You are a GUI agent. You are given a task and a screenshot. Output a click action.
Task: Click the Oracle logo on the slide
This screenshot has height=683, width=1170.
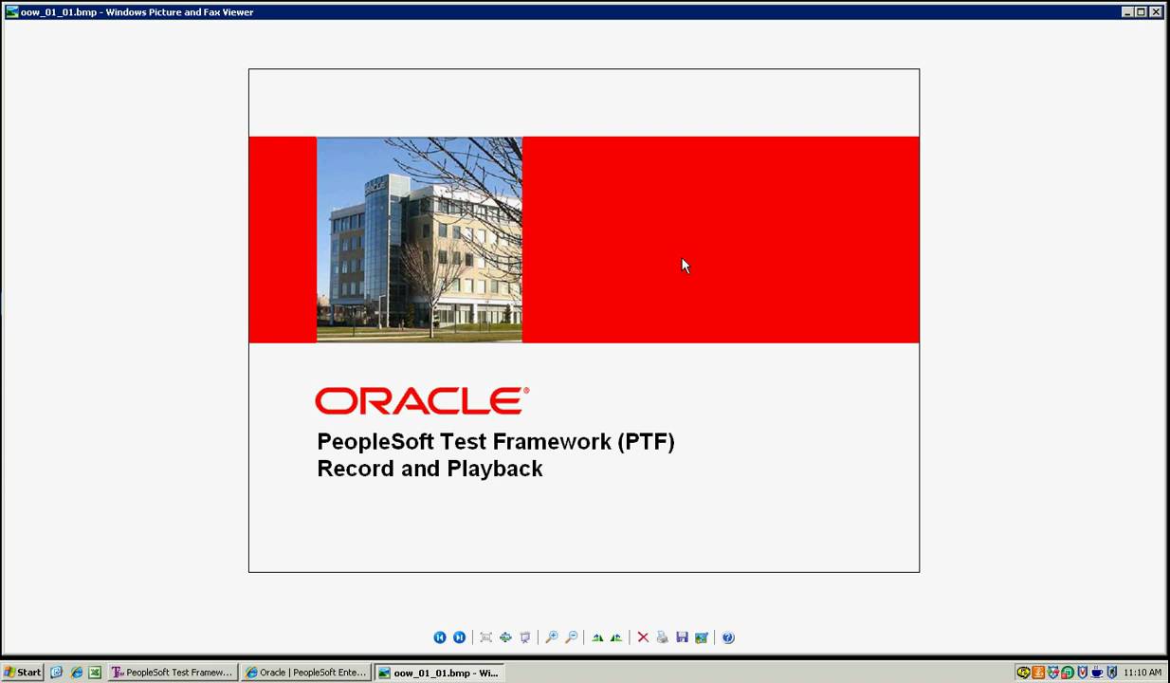tap(422, 400)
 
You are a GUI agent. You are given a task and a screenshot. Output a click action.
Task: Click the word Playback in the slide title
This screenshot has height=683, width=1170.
tap(495, 469)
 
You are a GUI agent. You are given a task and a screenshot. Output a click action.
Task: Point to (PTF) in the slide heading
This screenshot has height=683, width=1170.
tap(646, 442)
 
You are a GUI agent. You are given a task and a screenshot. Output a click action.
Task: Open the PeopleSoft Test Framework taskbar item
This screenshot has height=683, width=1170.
tap(172, 673)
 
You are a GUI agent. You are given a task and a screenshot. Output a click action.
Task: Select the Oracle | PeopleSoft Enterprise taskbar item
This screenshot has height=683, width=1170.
tap(305, 673)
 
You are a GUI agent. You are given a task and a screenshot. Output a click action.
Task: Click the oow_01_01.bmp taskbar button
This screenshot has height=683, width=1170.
tap(438, 673)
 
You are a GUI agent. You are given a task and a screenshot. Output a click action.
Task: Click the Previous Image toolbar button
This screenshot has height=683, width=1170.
tap(439, 637)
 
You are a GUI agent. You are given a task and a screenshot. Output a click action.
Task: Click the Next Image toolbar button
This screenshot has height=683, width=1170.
tap(459, 637)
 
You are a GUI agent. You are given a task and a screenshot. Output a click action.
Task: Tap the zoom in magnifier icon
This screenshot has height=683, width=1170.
tap(551, 637)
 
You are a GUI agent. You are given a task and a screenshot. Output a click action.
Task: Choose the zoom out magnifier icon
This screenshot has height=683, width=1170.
tap(571, 637)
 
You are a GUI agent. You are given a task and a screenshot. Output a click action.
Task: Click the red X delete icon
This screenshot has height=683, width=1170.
tap(643, 637)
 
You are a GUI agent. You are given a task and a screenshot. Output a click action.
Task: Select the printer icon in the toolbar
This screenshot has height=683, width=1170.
tap(662, 637)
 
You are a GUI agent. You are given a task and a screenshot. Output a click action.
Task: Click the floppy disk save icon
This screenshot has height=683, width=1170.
tap(682, 637)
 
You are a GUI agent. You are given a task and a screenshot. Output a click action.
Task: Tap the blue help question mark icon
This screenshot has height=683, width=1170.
tap(728, 637)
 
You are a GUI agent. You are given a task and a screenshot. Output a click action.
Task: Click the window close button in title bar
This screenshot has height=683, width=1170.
tap(1156, 12)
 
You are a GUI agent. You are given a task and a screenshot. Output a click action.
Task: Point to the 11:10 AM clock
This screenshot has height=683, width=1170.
tap(1142, 673)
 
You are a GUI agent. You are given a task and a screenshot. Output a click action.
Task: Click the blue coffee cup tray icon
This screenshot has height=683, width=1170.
tap(1097, 673)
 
